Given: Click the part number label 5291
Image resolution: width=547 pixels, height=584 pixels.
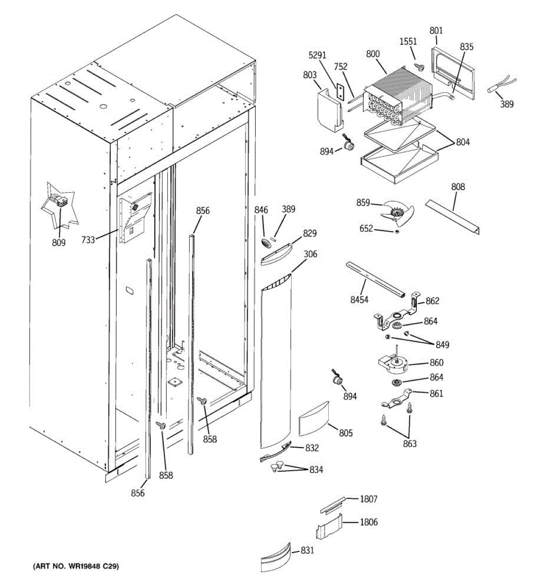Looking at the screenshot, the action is [x=317, y=55].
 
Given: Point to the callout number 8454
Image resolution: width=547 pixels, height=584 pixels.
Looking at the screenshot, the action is [x=359, y=300].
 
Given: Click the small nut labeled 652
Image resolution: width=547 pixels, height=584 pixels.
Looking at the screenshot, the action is [x=397, y=232].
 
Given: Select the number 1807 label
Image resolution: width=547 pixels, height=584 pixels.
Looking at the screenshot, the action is [x=369, y=499].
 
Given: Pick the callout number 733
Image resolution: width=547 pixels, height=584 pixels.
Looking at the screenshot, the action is [x=88, y=240].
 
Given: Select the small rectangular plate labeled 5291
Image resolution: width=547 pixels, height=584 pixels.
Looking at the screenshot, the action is [x=340, y=92].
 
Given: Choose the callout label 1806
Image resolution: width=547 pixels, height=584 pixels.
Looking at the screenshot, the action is [x=369, y=522].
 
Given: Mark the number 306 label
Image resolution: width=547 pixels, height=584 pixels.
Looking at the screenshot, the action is [x=310, y=254].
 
